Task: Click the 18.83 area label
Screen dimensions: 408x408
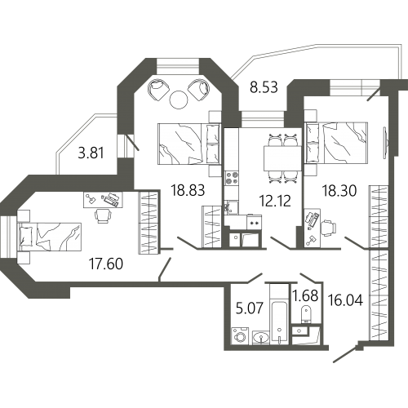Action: click(x=188, y=190)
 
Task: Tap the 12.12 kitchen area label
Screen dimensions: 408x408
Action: click(x=275, y=201)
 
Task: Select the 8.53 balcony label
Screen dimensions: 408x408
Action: click(x=264, y=87)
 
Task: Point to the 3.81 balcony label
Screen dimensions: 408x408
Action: click(x=91, y=153)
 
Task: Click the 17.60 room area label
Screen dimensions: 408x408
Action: click(x=106, y=264)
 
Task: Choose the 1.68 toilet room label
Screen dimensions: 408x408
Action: click(x=305, y=295)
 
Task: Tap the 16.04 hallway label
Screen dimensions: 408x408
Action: click(x=345, y=300)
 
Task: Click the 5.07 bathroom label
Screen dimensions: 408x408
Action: click(x=250, y=308)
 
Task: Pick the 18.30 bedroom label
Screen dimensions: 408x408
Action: click(x=339, y=191)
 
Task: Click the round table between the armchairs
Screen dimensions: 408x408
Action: click(x=179, y=100)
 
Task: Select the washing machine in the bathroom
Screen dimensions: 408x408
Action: click(x=241, y=335)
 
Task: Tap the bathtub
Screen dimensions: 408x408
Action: click(x=279, y=322)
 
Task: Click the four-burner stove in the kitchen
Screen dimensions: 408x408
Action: click(x=232, y=178)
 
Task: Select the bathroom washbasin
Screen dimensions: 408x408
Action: click(x=261, y=338)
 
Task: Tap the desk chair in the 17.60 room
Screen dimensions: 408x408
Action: click(x=104, y=216)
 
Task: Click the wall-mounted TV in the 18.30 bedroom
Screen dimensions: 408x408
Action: click(x=386, y=143)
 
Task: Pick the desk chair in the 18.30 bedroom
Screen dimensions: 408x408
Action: click(x=328, y=228)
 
